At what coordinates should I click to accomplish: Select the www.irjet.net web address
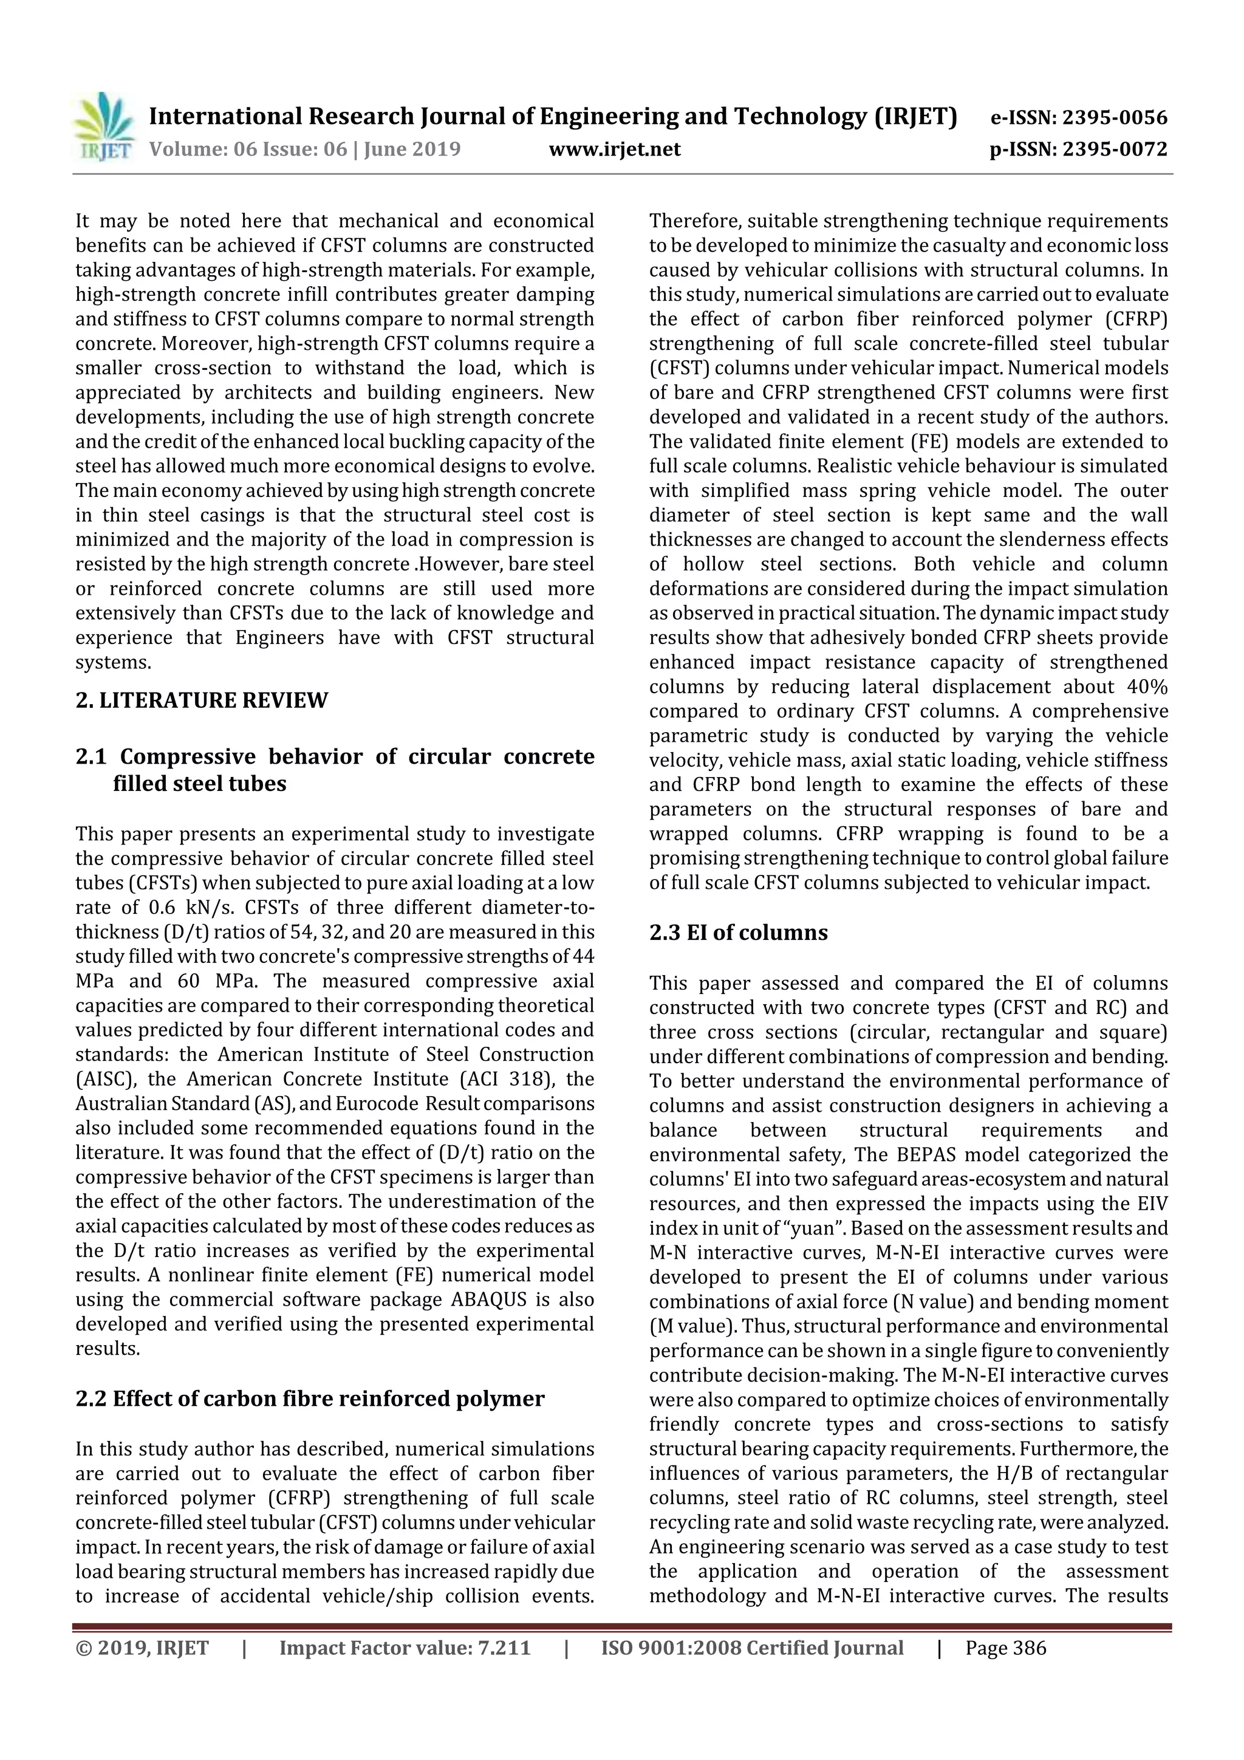615,149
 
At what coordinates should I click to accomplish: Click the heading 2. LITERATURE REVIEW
202,700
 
